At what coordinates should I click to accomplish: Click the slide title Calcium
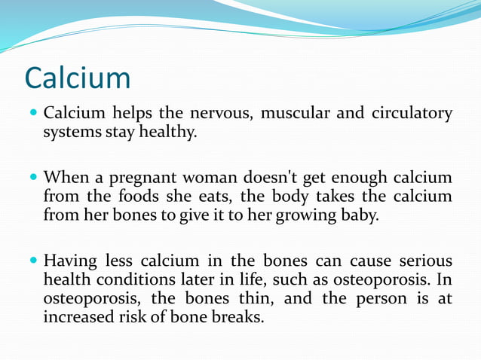78,78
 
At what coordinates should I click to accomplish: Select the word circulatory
412,114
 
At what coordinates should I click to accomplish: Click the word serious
424,261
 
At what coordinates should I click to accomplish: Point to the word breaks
240,317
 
